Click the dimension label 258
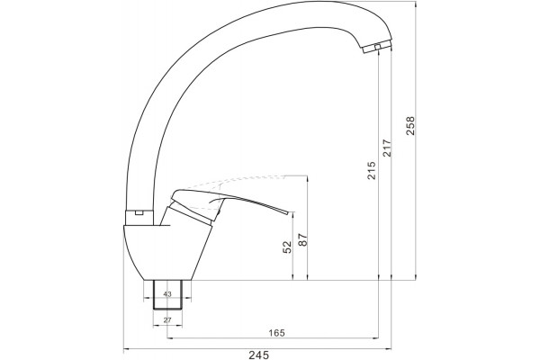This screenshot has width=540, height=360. (x=411, y=126)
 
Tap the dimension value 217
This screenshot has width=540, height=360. (x=387, y=148)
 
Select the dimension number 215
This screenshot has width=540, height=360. (x=372, y=170)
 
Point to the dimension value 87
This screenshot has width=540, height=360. (x=302, y=239)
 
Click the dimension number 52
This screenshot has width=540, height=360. (x=287, y=247)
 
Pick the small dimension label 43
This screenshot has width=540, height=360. (x=167, y=294)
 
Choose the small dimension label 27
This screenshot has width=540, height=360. (x=167, y=320)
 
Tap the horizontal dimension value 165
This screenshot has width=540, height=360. (x=276, y=333)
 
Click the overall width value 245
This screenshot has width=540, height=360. (x=258, y=355)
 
